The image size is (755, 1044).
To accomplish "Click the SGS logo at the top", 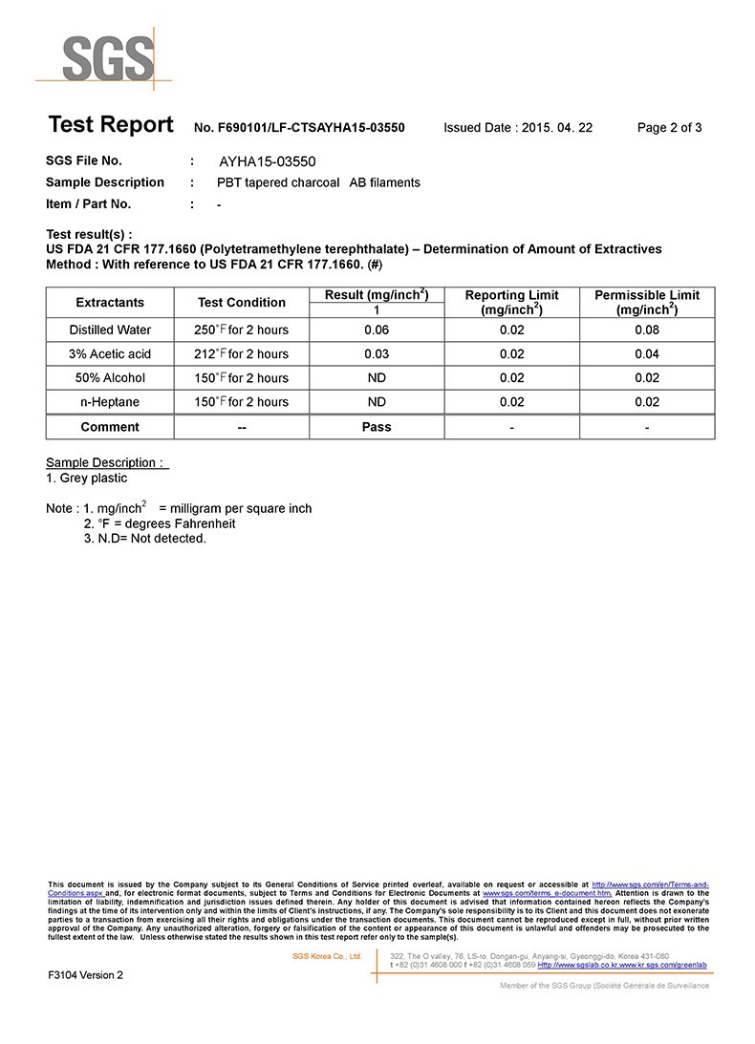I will pyautogui.click(x=107, y=59).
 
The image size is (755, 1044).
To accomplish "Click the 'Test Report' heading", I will pyautogui.click(x=111, y=125).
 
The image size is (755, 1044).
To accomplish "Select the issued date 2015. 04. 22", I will pyautogui.click(x=557, y=128).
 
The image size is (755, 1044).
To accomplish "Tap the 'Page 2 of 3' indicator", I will pyautogui.click(x=669, y=128).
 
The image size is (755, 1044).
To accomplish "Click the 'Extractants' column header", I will pyautogui.click(x=110, y=302).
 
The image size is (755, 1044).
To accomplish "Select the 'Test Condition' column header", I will pyautogui.click(x=242, y=302).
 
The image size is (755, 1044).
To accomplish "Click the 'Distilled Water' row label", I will pyautogui.click(x=110, y=330).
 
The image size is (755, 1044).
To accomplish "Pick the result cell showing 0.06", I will pyautogui.click(x=377, y=330).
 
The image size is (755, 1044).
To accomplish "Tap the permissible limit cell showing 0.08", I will pyautogui.click(x=647, y=330).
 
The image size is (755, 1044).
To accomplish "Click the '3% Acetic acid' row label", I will pyautogui.click(x=110, y=353).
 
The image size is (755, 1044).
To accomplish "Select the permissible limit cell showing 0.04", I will pyautogui.click(x=647, y=353).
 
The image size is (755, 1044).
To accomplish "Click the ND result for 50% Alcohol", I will pyautogui.click(x=377, y=377).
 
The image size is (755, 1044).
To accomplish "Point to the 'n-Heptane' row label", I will pyautogui.click(x=110, y=401).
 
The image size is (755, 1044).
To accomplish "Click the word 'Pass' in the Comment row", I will pyautogui.click(x=377, y=427).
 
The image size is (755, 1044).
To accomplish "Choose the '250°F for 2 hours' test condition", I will pyautogui.click(x=242, y=330).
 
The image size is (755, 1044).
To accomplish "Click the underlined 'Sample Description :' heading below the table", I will pyautogui.click(x=107, y=463).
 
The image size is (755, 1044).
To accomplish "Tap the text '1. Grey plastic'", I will pyautogui.click(x=86, y=478).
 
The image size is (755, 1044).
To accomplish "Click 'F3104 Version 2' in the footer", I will pyautogui.click(x=86, y=975).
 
